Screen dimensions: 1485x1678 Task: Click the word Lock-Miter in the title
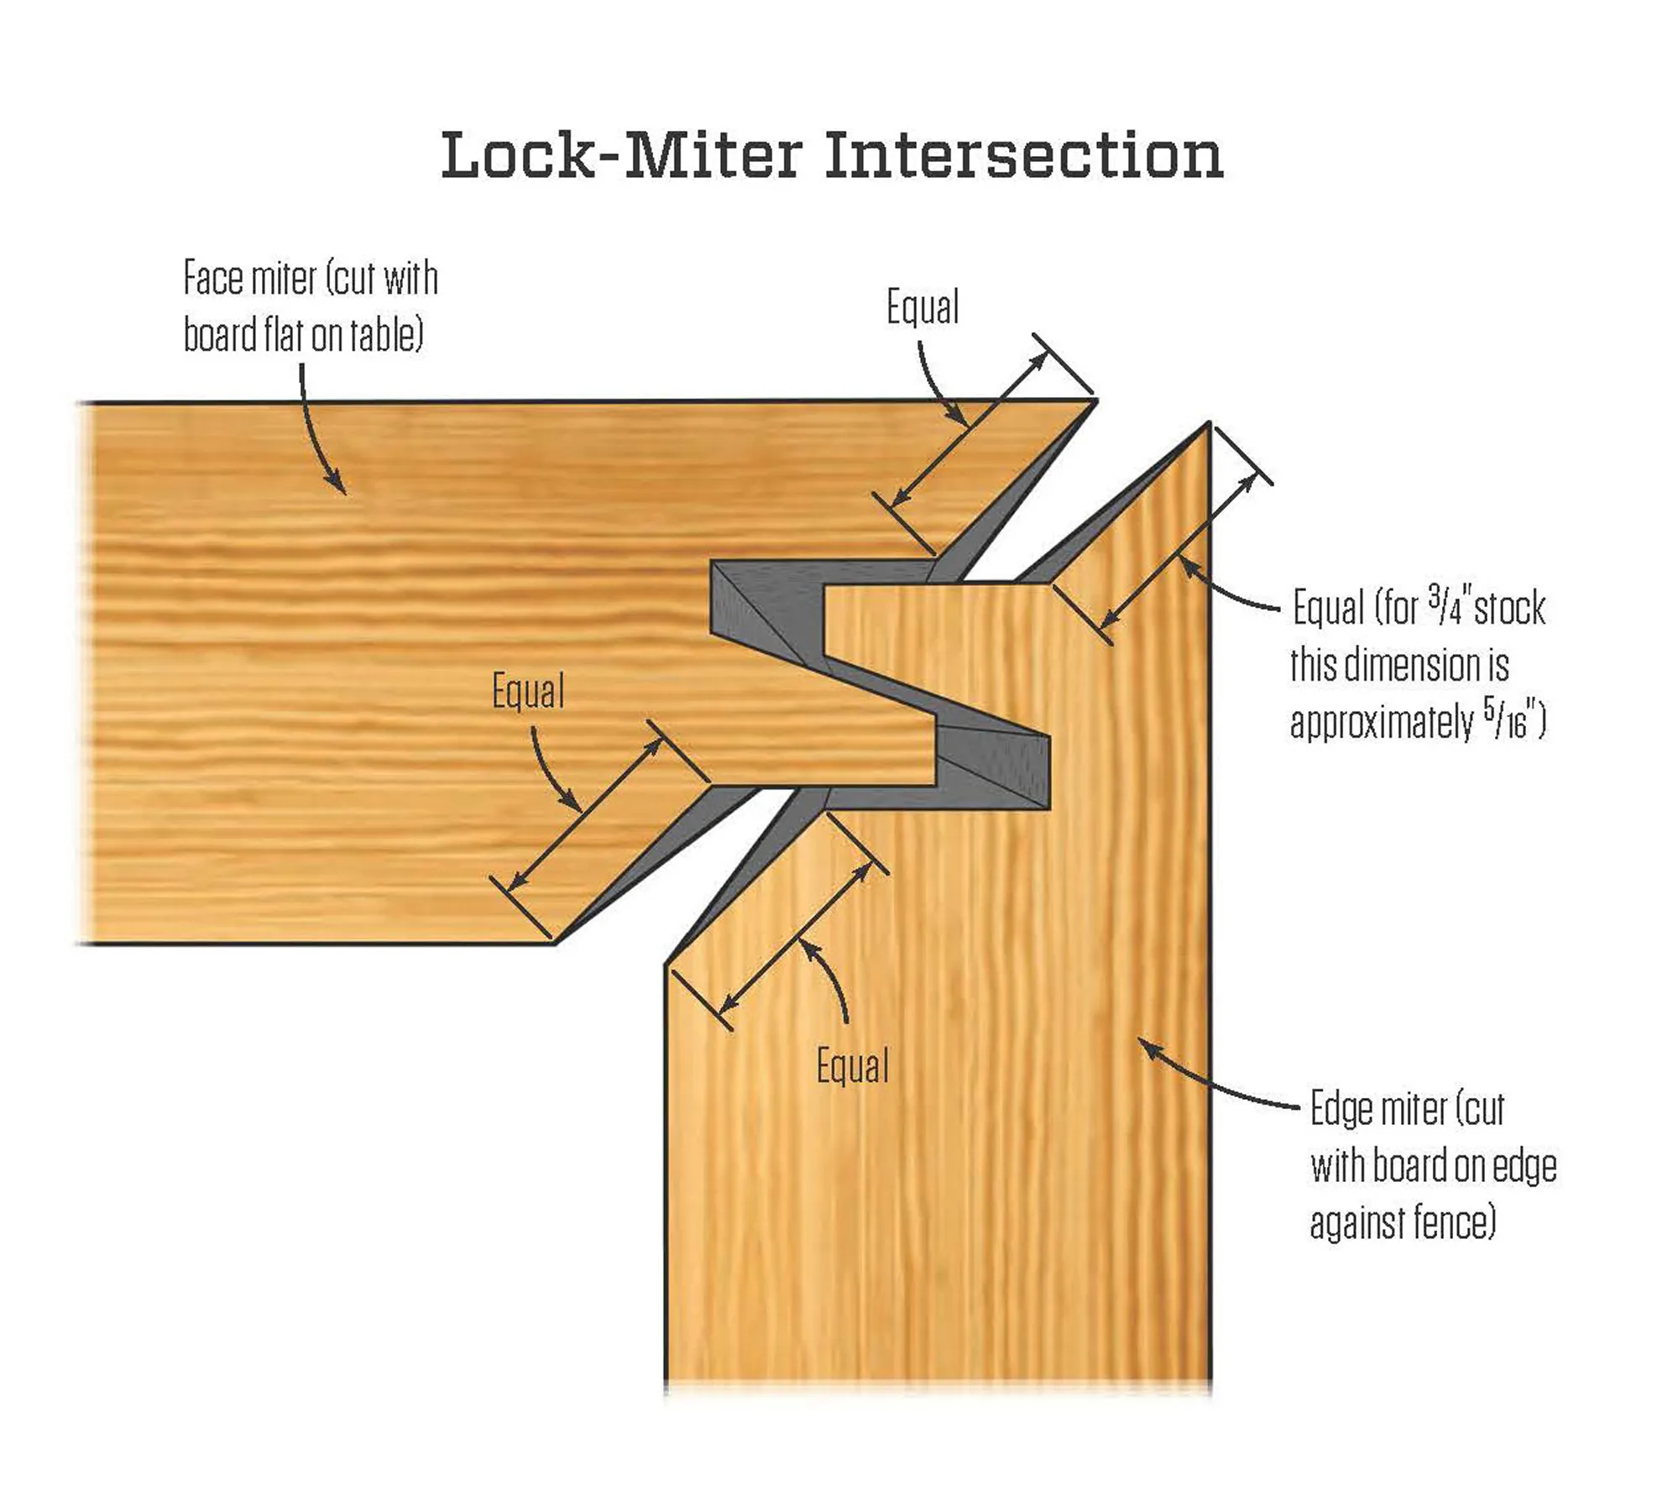pyautogui.click(x=621, y=155)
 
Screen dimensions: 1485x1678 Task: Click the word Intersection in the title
pyautogui.click(x=1023, y=155)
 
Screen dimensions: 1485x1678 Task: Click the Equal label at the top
pyautogui.click(x=923, y=307)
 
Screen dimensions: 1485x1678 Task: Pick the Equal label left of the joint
pyautogui.click(x=528, y=693)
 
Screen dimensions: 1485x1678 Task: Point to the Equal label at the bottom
pyautogui.click(x=853, y=1067)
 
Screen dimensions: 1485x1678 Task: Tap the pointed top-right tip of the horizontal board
pyautogui.click(x=1094, y=403)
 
